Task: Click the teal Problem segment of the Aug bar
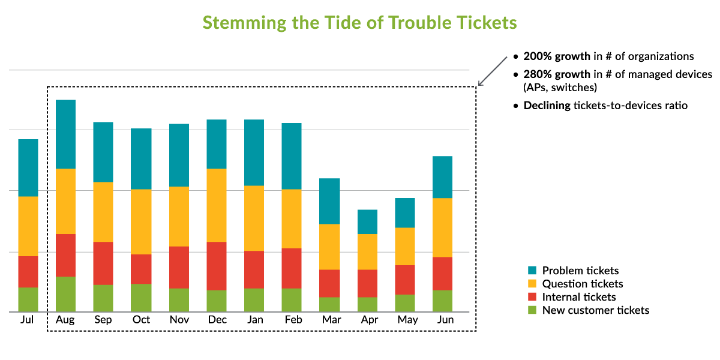point(65,134)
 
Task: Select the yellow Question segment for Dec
point(217,205)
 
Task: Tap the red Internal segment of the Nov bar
point(179,268)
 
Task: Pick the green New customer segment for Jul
point(28,299)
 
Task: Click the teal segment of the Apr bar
point(368,222)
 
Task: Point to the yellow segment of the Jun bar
point(442,227)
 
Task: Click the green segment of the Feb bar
point(292,300)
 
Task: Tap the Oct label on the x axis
point(141,320)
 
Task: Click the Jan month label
point(254,320)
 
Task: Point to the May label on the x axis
point(407,320)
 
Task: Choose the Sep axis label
point(103,320)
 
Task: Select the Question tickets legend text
point(582,284)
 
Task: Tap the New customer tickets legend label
point(595,310)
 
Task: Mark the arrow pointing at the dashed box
point(492,71)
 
